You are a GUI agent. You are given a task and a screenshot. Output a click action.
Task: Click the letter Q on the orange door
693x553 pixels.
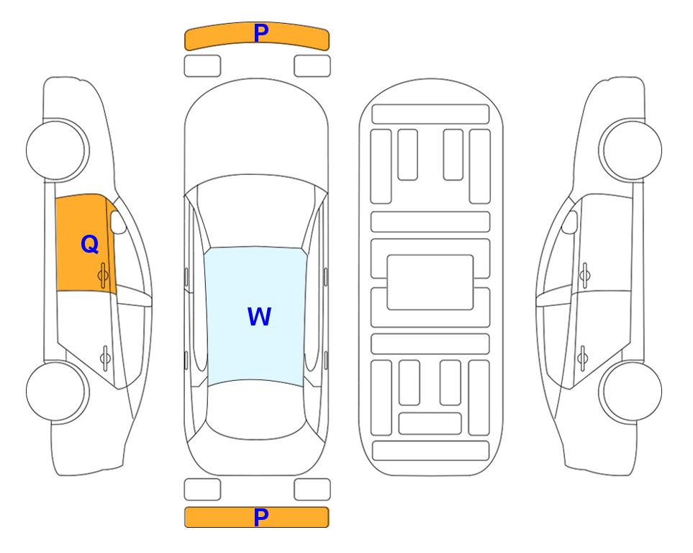pos(89,244)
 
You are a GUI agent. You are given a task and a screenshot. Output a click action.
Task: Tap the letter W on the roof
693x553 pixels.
pos(259,316)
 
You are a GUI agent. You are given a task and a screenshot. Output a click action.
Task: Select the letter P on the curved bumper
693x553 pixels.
pos(261,33)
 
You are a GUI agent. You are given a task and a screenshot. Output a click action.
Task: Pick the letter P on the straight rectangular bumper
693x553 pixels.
pos(261,517)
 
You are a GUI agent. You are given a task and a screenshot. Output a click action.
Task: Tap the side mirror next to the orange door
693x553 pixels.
pos(117,222)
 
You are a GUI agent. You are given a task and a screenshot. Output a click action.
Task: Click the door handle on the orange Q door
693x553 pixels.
pos(104,275)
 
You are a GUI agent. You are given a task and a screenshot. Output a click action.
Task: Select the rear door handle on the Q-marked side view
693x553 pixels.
pos(105,357)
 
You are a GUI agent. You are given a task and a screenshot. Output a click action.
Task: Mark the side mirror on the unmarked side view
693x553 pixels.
pos(570,222)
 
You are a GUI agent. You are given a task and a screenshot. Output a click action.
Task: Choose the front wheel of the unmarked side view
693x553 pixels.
pos(630,150)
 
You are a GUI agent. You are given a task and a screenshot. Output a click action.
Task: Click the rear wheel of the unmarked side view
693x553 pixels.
pos(630,391)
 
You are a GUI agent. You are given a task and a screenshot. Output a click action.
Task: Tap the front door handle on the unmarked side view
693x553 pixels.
pos(585,275)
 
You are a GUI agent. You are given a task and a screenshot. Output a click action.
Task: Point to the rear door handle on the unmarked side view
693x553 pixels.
pos(583,357)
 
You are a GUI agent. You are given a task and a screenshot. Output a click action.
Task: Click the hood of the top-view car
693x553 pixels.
pos(256,132)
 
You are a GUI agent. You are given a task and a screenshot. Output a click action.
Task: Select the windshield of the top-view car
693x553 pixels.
pos(256,212)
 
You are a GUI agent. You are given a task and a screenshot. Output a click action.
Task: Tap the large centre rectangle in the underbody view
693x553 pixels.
pos(430,282)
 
